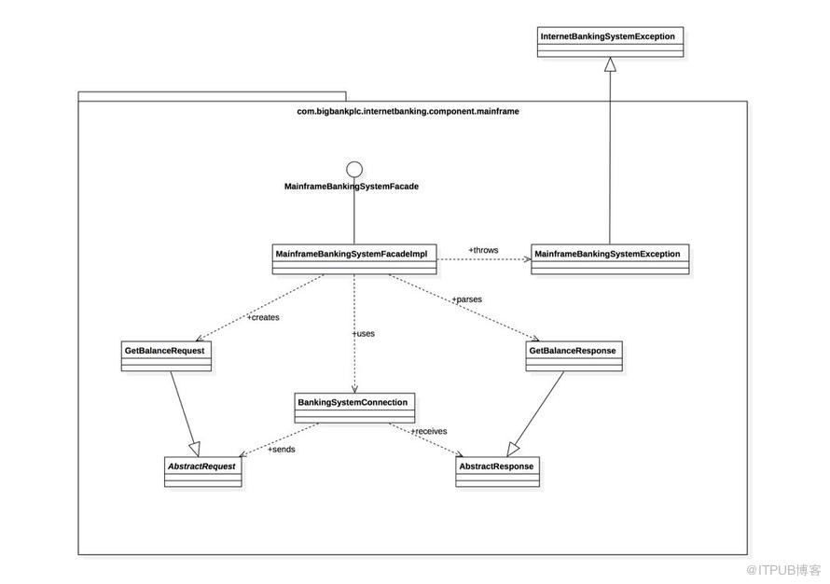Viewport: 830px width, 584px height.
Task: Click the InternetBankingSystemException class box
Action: point(610,42)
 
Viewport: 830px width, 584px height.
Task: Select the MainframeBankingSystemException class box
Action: point(610,259)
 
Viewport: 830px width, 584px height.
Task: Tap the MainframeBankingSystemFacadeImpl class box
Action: point(354,259)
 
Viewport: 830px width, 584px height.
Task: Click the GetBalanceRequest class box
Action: point(166,355)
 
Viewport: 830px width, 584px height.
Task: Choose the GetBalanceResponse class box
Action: point(574,355)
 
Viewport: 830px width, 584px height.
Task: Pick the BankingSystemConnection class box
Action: point(354,408)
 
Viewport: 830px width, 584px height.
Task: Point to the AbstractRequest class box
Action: point(202,472)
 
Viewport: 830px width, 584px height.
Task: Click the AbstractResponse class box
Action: point(498,472)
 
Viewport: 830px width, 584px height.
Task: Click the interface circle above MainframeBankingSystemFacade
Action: point(354,170)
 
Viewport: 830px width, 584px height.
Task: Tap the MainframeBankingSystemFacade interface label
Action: point(352,187)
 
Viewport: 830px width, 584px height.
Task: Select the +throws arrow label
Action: point(483,250)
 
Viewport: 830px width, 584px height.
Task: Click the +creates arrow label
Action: point(263,317)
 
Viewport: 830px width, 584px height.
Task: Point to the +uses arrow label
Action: point(364,334)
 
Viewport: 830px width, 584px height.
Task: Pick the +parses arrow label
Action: point(467,299)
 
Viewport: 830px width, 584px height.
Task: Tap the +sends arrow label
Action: point(282,449)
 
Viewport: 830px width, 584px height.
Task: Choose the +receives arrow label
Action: point(429,431)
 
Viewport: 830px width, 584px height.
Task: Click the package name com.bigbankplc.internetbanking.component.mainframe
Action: point(408,111)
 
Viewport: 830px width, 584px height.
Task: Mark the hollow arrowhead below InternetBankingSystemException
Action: point(610,64)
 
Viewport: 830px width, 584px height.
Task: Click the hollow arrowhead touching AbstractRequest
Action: point(194,449)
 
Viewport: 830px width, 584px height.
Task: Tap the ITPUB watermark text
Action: point(784,570)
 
